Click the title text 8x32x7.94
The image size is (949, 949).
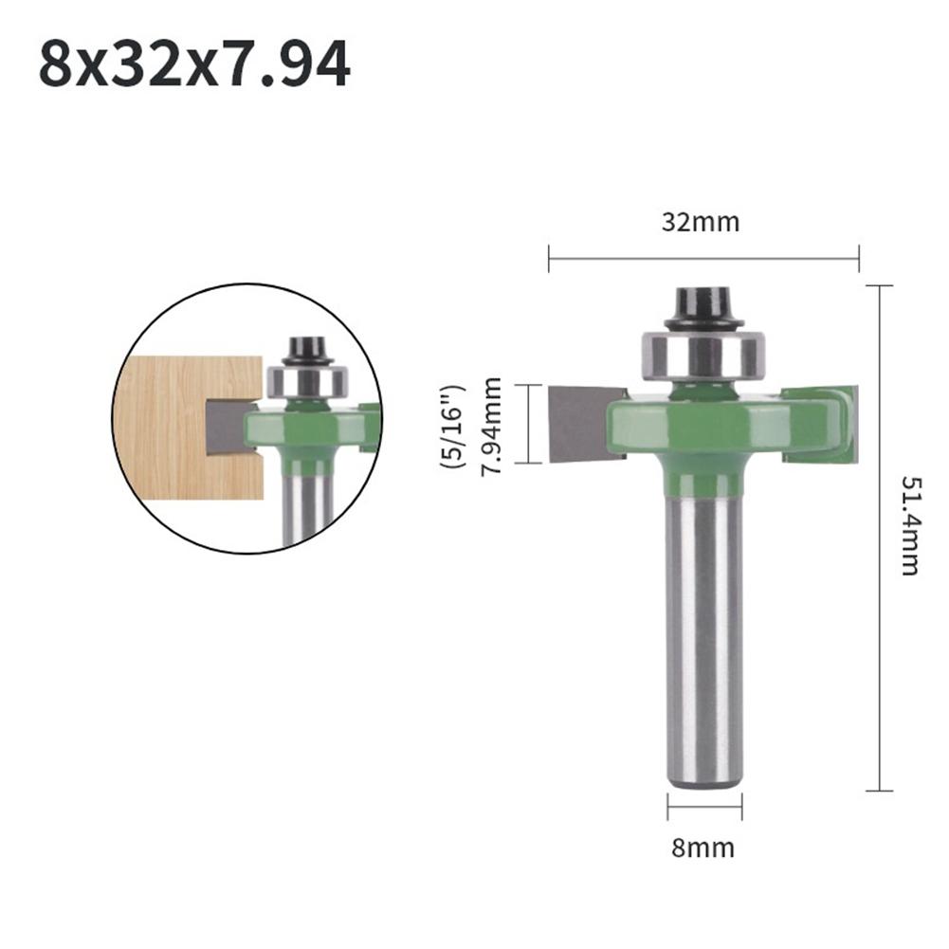point(194,64)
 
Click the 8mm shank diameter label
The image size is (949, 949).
point(703,847)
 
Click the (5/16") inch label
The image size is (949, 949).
point(453,424)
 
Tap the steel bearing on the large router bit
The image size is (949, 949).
point(702,353)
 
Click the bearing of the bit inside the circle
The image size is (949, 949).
point(307,382)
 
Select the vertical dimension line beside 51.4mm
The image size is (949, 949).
point(880,538)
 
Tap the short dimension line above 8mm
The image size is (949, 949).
point(703,808)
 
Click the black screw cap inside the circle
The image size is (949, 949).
point(306,348)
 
